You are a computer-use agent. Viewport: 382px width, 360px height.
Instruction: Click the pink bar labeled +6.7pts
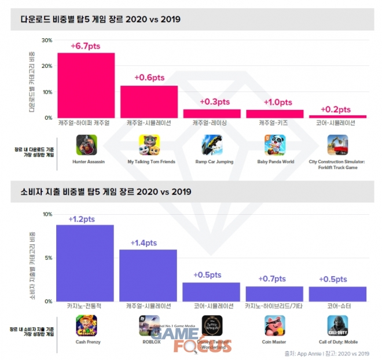[86, 85]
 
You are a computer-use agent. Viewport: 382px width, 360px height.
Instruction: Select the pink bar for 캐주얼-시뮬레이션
[149, 102]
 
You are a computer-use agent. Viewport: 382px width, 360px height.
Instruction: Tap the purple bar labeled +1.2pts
[85, 263]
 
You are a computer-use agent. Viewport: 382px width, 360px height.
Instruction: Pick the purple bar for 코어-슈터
[337, 293]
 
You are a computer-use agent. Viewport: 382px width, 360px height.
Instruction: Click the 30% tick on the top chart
[46, 40]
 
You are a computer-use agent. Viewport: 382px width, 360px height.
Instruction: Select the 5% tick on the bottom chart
[48, 258]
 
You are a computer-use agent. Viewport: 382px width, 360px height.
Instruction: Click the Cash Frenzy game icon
[86, 325]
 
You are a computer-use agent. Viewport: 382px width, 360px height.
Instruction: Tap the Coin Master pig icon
[275, 325]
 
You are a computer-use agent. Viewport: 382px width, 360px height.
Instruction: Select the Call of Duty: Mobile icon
[337, 325]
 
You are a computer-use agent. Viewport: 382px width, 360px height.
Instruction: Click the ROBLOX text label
[149, 342]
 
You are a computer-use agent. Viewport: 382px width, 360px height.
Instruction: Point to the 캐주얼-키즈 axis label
[275, 123]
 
